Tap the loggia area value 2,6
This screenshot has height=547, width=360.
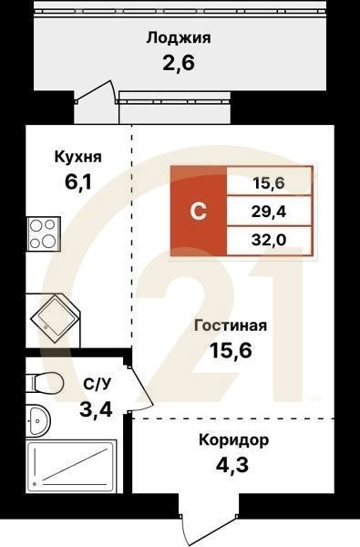coord(179,64)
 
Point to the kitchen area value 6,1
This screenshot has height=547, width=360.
coord(77,182)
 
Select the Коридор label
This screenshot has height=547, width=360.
coord(233,440)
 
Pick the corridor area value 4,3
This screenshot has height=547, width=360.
coord(233,467)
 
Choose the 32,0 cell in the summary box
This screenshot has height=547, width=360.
coord(268,241)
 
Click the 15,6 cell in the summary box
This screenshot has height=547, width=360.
coord(268,183)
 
